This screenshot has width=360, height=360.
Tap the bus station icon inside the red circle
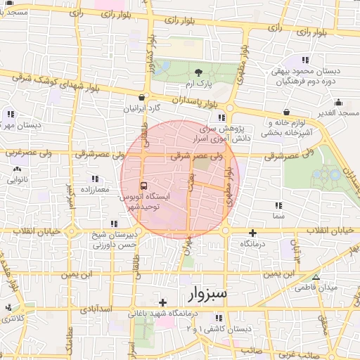144,186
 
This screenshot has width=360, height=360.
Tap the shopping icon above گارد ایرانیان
143,98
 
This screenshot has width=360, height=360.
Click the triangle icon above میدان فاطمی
315,277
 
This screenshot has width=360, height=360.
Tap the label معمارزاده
96,190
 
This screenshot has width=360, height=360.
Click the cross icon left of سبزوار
162,302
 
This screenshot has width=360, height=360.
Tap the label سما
279,217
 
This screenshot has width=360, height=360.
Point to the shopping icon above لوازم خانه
286,112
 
